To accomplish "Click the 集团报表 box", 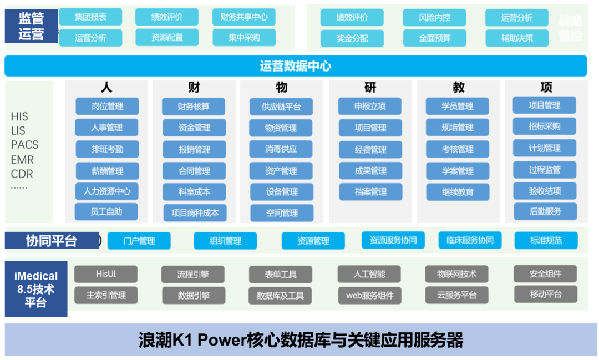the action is click(90, 17).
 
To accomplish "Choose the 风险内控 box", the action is click(434, 18).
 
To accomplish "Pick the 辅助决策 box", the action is click(517, 38).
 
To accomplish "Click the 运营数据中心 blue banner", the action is click(296, 66).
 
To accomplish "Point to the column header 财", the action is click(194, 87).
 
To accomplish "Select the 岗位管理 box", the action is click(107, 106).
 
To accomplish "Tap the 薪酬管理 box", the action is click(107, 171).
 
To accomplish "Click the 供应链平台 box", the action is click(281, 107).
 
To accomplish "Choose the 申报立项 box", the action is click(370, 106).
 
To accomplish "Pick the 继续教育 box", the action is click(458, 192).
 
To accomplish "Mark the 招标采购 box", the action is click(544, 126).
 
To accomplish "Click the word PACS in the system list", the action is click(24, 145).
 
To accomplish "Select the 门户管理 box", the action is click(139, 241).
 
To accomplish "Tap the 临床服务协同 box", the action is click(470, 240).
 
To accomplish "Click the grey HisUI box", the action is click(106, 273).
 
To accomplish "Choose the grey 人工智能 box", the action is click(369, 273).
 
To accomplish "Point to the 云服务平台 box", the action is click(457, 295).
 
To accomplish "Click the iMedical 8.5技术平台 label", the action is click(35, 289).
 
